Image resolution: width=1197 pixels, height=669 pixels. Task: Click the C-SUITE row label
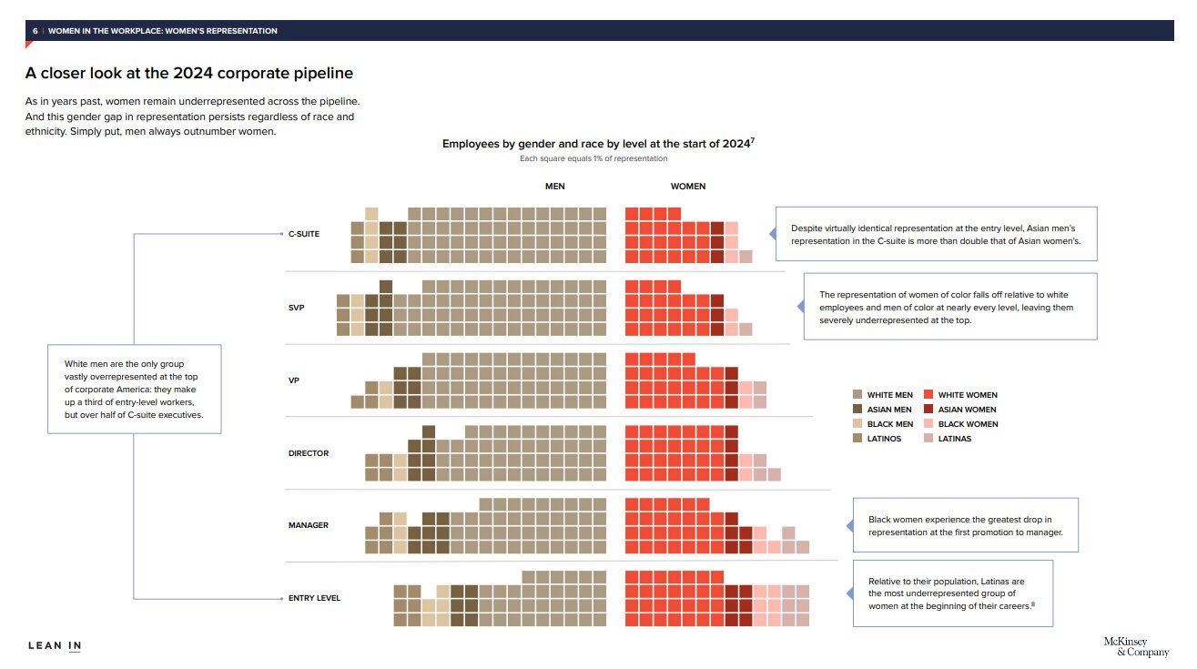[x=303, y=234]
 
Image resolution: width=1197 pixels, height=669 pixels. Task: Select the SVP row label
[x=296, y=308]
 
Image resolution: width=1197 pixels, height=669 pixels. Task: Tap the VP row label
[x=293, y=380]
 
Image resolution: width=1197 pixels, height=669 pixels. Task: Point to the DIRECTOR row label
[x=309, y=453]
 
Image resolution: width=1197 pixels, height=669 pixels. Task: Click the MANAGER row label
[x=308, y=525]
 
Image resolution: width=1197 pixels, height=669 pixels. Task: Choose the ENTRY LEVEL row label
[x=314, y=598]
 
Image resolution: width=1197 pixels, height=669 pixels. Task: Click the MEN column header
[x=554, y=187]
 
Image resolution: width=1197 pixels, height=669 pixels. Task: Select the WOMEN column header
[x=687, y=187]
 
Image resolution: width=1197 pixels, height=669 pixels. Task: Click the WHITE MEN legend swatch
[x=857, y=395]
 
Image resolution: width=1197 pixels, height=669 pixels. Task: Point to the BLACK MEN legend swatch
[x=857, y=424]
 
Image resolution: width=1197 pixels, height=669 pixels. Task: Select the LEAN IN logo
[x=55, y=646]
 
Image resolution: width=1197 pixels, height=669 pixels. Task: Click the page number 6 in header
[x=35, y=31]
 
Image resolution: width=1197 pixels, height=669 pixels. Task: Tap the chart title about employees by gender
[x=597, y=144]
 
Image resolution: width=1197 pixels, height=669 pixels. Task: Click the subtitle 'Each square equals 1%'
[x=593, y=159]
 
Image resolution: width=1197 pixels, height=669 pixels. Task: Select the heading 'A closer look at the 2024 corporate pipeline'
[x=188, y=73]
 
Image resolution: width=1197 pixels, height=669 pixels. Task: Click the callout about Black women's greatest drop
[x=965, y=525]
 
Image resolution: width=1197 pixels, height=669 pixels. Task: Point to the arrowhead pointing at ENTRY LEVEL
[x=280, y=598]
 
